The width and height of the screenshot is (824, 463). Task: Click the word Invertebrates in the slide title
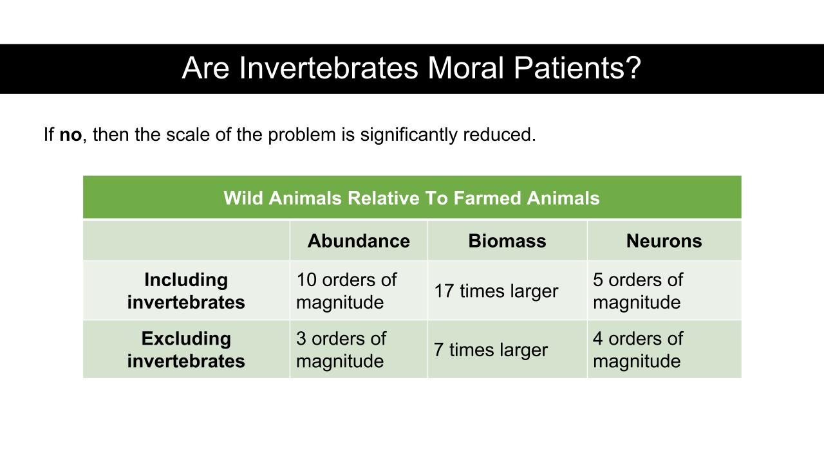click(x=328, y=68)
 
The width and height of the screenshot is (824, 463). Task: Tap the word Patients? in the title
click(x=577, y=68)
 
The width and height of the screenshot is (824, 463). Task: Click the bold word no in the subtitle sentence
click(x=71, y=135)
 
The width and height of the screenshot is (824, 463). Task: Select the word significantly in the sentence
click(x=409, y=135)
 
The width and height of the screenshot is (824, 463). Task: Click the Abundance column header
click(x=359, y=241)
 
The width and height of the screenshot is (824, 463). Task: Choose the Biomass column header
click(x=507, y=241)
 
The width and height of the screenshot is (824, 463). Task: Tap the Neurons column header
click(x=664, y=241)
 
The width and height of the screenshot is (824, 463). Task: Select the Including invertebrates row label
click(x=186, y=291)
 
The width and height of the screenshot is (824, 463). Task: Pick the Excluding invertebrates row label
click(x=186, y=350)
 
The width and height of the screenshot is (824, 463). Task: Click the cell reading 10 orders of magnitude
click(x=346, y=291)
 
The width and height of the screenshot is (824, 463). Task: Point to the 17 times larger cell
click(x=496, y=291)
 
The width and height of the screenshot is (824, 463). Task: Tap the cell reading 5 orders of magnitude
click(x=638, y=291)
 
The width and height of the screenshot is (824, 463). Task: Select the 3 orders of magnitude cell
click(x=341, y=350)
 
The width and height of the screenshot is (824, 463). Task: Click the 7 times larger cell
click(x=491, y=350)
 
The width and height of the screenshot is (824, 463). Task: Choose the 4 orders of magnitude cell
click(x=638, y=350)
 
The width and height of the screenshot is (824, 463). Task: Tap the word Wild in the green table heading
click(x=243, y=198)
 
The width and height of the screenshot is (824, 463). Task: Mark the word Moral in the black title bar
click(x=465, y=68)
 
